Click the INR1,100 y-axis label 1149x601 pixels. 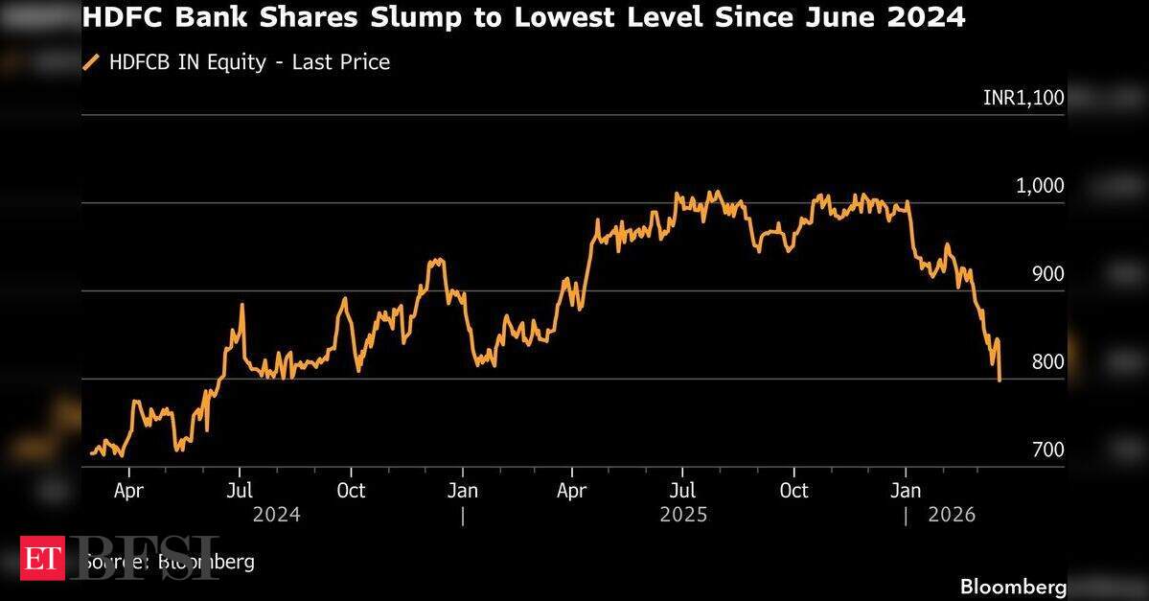tap(1023, 97)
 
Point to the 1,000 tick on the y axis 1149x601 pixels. tap(1040, 185)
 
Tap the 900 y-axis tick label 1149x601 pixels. tap(1047, 274)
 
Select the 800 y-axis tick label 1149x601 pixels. tap(1047, 362)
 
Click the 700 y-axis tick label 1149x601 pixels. tap(1047, 451)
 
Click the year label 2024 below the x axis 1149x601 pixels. tap(276, 515)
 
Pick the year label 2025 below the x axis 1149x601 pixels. tap(683, 515)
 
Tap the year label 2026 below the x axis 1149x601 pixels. tap(952, 515)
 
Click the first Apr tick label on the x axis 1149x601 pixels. tap(128, 491)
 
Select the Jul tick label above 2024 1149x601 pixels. tap(240, 491)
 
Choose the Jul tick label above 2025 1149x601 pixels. tap(682, 491)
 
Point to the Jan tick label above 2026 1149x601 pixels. tap(906, 491)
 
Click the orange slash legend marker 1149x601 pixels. tap(92, 62)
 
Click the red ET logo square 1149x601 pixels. tap(42, 558)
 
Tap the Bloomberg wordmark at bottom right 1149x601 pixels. tap(1013, 586)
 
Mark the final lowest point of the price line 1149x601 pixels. tap(1000, 381)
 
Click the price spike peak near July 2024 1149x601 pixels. tap(241, 305)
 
